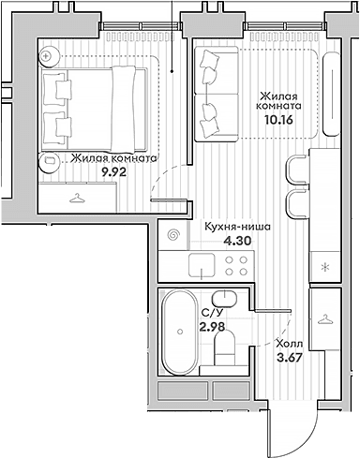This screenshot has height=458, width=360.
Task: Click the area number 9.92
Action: [x=114, y=171]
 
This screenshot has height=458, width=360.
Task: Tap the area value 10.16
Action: [x=278, y=120]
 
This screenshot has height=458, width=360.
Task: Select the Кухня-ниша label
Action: [x=237, y=227]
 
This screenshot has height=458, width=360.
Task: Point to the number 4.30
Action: [x=237, y=241]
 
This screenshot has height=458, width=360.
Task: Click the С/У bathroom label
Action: [x=209, y=314]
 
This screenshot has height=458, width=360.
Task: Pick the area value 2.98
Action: [x=212, y=327]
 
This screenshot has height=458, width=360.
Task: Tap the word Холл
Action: [x=290, y=344]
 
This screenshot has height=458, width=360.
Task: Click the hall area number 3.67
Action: [x=290, y=358]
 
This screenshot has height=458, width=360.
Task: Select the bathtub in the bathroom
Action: [x=180, y=332]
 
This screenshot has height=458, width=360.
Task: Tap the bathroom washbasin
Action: [x=224, y=299]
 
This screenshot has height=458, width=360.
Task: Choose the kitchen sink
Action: [x=202, y=265]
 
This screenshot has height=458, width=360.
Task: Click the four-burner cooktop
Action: [x=236, y=266]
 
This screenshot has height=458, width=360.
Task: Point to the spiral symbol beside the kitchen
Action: [x=173, y=235]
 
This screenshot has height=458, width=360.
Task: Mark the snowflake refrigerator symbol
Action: [x=325, y=267]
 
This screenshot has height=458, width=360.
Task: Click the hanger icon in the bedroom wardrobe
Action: [x=77, y=199]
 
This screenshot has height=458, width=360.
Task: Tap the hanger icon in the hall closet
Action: [x=325, y=319]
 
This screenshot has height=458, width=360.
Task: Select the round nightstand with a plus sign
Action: [x=49, y=57]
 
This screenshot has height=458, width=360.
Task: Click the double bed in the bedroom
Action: [x=94, y=109]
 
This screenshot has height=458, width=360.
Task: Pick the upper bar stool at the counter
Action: [x=297, y=170]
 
